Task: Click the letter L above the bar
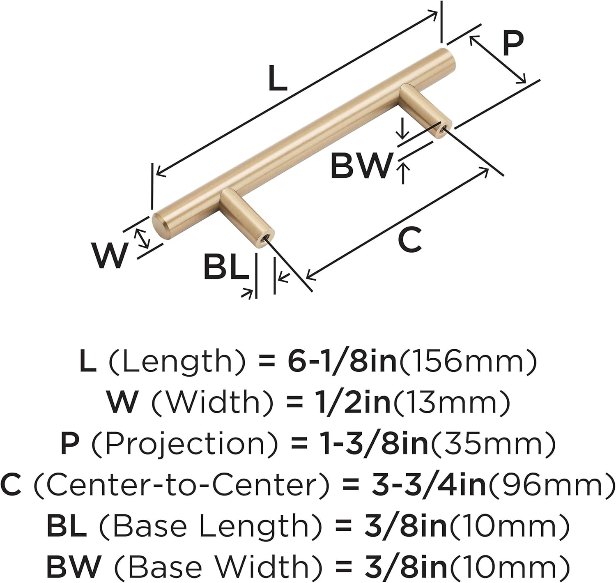(x=278, y=79)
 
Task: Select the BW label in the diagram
(x=361, y=166)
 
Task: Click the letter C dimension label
(x=409, y=240)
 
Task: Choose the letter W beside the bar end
(x=109, y=255)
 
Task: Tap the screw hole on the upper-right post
(x=442, y=130)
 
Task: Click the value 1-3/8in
(x=374, y=444)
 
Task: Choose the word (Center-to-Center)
(x=181, y=485)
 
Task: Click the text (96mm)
(x=551, y=485)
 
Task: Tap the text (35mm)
(x=492, y=444)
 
